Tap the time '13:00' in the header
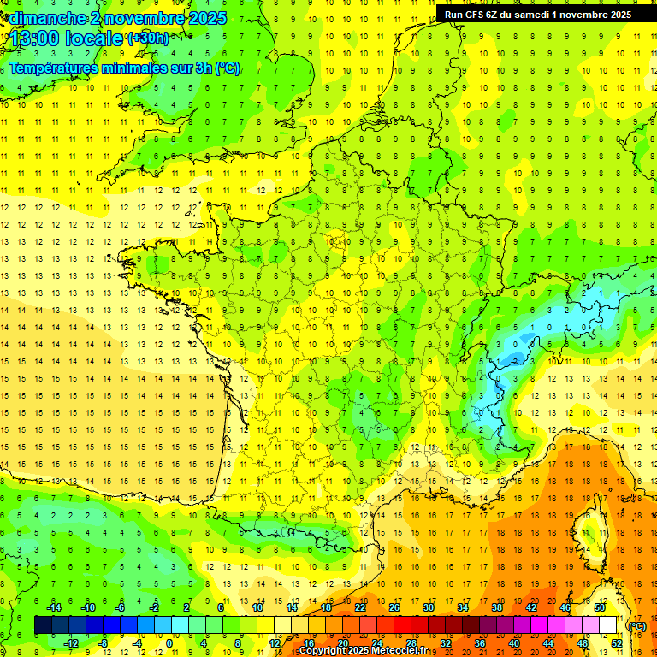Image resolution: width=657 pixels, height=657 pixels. point(34,38)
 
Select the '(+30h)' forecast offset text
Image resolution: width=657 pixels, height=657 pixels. point(148,38)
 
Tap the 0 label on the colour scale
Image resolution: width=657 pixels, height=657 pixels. point(169,643)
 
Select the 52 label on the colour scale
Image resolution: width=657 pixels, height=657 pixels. point(617,643)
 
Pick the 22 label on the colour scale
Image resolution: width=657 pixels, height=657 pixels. point(360,607)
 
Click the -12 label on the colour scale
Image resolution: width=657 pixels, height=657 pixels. point(71,643)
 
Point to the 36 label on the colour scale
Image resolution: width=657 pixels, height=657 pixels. point(480,643)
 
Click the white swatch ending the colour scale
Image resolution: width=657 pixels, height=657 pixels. point(608,625)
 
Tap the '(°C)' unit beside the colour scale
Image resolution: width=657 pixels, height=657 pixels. point(637,625)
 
